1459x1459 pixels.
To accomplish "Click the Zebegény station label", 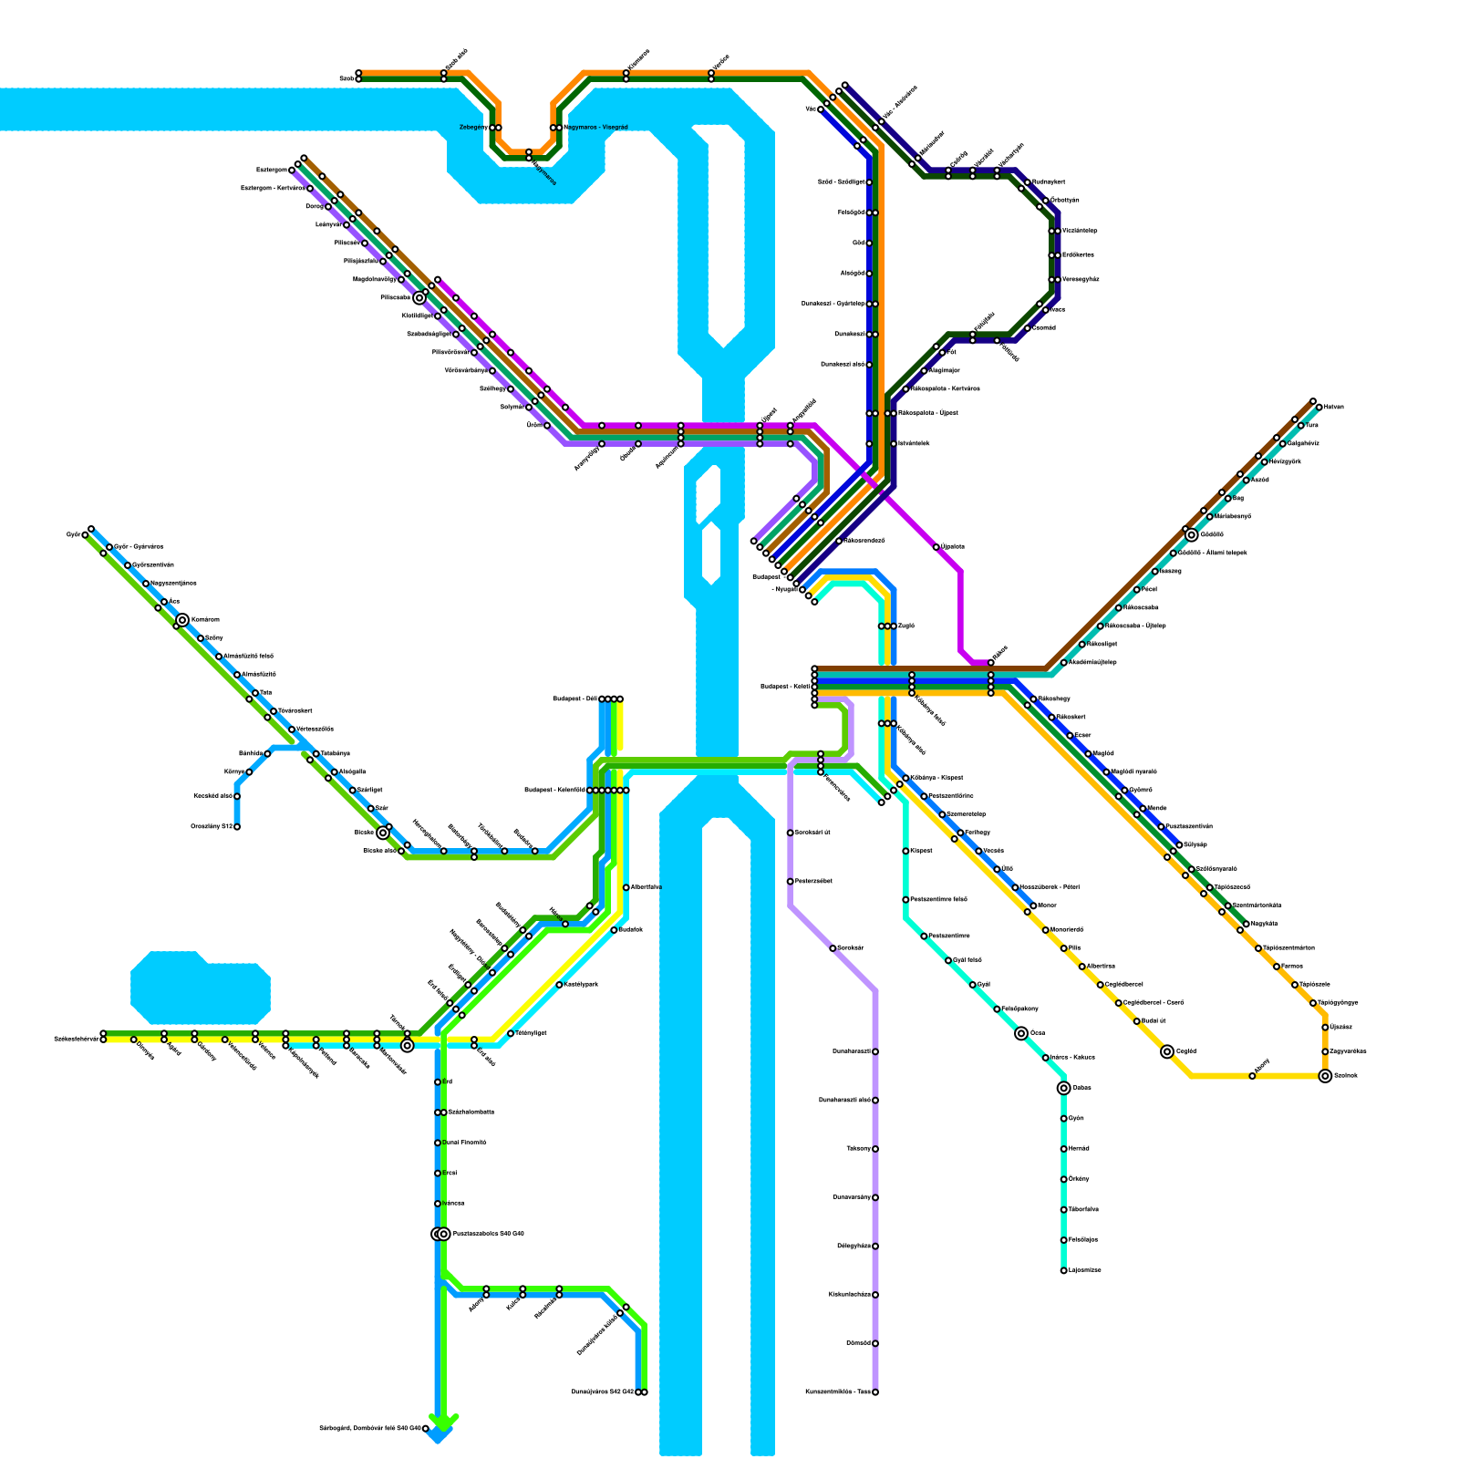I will [x=472, y=128].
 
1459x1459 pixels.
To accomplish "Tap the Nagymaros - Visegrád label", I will [x=595, y=128].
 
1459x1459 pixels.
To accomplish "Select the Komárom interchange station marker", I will [x=182, y=620].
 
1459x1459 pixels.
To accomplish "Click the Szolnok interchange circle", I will [x=1325, y=1076].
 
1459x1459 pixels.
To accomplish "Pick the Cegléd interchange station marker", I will [x=1167, y=1051].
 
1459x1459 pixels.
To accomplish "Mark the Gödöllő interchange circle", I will [x=1192, y=535].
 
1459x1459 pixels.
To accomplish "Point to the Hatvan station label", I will [x=1333, y=407].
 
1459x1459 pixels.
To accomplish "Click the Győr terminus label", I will [x=73, y=535].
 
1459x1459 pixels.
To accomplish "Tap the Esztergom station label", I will [x=272, y=170].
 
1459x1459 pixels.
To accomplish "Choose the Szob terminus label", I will [x=347, y=79].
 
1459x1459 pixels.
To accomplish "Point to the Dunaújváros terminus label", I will [x=602, y=1392].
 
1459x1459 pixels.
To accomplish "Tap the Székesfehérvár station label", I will [x=76, y=1039].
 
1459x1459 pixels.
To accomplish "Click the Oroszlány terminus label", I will [x=212, y=827].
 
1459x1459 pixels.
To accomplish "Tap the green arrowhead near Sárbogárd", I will [x=443, y=1423].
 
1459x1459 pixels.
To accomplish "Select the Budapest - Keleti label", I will [x=784, y=687].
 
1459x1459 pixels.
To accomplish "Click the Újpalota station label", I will [x=953, y=547].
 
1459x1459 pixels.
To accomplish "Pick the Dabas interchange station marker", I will [x=1063, y=1088].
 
